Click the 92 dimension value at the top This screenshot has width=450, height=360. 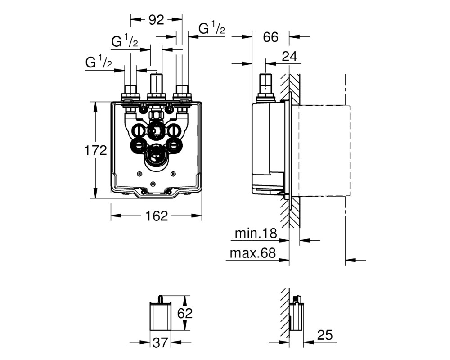[x=156, y=20]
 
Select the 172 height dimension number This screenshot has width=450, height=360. [x=95, y=150]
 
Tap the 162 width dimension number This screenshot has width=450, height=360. [x=157, y=216]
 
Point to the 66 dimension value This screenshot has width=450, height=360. [x=270, y=37]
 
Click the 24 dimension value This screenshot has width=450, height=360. [x=289, y=57]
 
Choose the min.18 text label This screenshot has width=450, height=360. [x=256, y=234]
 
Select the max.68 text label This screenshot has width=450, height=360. [x=253, y=253]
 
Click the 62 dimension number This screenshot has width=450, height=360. [x=185, y=313]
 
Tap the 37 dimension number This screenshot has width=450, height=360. [x=160, y=342]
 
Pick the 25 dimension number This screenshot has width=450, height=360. [x=325, y=335]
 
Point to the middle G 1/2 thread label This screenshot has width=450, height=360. [x=125, y=41]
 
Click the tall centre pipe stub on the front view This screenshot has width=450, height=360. [x=156, y=84]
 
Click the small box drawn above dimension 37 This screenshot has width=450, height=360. [x=161, y=315]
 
